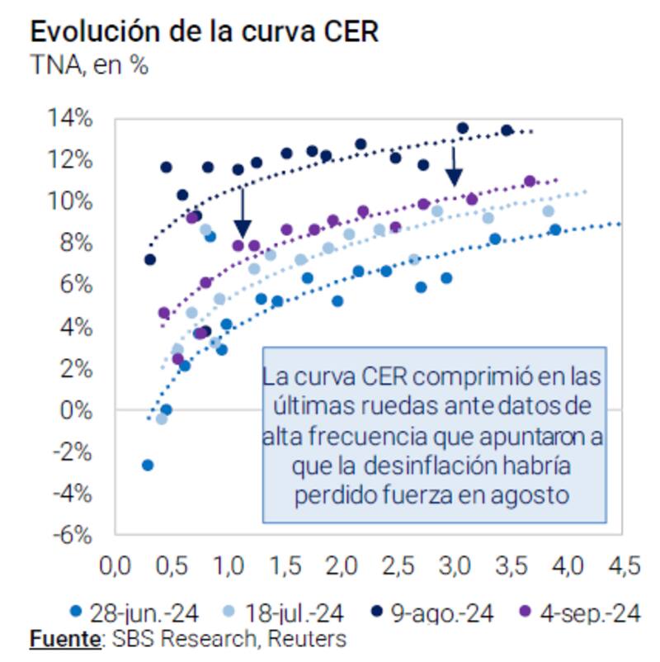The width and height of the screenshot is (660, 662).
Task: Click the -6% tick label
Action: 73,535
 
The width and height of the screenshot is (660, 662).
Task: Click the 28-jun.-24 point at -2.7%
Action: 148,465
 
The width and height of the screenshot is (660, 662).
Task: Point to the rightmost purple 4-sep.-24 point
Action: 530,181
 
